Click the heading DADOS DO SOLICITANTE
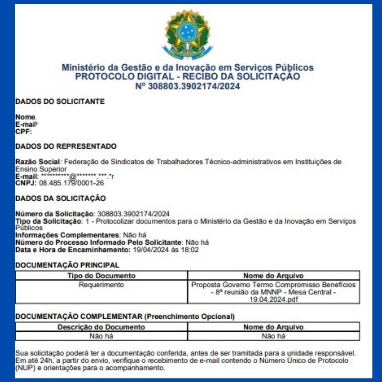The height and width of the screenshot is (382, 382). tap(60, 102)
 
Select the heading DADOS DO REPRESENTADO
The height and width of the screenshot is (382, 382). tap(66, 146)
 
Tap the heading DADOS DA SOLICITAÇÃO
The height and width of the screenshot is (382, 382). tap(60, 198)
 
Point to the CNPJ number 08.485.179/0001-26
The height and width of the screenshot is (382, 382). tap(71, 183)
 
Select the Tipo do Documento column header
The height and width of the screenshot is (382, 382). tap(101, 276)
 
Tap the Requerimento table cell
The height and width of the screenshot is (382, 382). tap(101, 285)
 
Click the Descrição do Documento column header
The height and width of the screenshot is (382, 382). tap(101, 327)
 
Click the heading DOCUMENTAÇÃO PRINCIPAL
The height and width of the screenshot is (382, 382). tap(67, 265)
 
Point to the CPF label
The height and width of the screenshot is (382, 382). tap(23, 132)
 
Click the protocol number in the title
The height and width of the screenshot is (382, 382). tap(187, 86)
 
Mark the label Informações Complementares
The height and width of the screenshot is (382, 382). tap(67, 235)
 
